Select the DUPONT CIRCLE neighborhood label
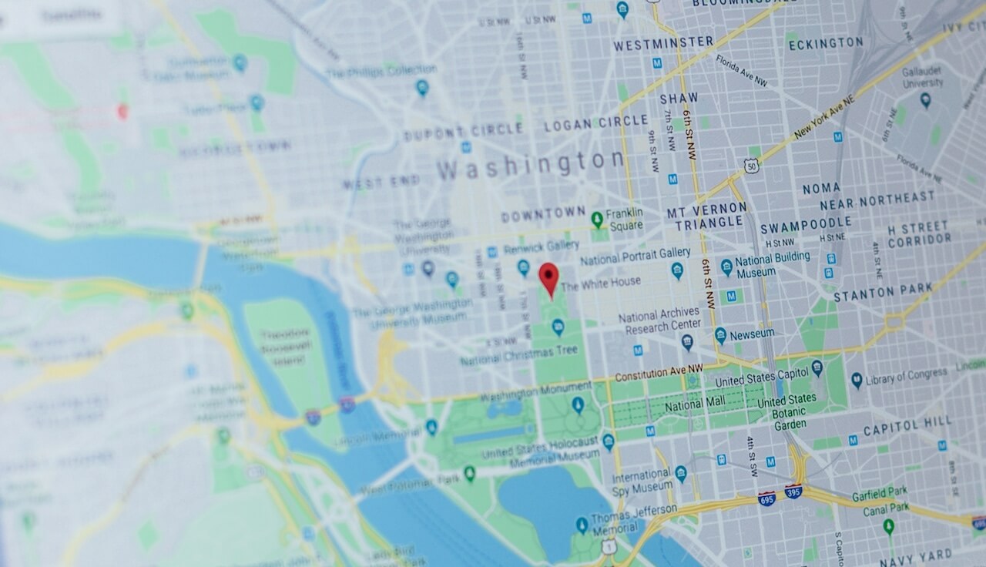click(463, 130)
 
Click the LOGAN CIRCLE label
click(596, 122)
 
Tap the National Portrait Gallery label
click(635, 255)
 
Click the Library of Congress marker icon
click(857, 380)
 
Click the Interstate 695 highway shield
click(766, 498)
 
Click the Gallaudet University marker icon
click(925, 99)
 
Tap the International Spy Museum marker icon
click(680, 472)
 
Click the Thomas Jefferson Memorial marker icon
click(582, 525)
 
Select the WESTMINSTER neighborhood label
click(663, 43)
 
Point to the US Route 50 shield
click(750, 165)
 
